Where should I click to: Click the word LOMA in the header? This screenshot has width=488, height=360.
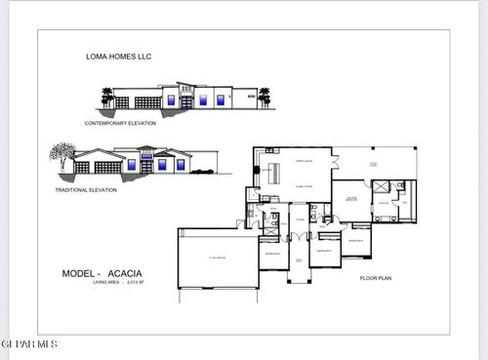(94, 58)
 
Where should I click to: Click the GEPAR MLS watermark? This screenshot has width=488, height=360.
(29, 344)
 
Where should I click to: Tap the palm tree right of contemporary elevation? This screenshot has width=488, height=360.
(263, 97)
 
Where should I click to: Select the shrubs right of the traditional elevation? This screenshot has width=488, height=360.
(202, 171)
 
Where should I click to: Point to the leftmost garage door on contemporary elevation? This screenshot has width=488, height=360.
(122, 102)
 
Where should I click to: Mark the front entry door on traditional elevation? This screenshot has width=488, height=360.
(145, 167)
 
